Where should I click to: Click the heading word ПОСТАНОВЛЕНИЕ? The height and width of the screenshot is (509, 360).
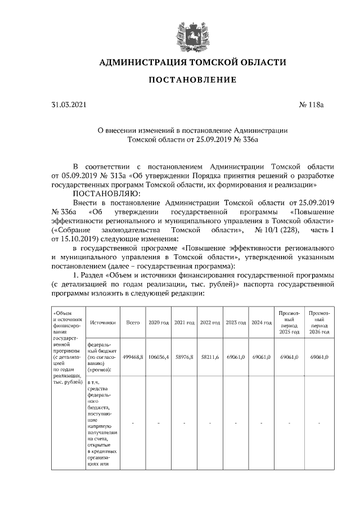[192, 80]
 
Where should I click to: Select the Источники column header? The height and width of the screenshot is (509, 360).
[102, 323]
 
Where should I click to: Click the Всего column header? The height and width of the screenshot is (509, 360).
[133, 323]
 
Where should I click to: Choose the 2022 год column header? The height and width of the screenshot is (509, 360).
[210, 323]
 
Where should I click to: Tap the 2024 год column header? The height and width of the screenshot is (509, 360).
[262, 323]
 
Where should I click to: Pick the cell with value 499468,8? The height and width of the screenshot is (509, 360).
[133, 357]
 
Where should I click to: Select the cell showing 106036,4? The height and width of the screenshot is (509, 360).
[159, 357]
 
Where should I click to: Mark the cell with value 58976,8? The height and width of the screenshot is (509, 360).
[184, 357]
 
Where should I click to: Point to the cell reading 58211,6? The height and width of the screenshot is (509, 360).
[210, 357]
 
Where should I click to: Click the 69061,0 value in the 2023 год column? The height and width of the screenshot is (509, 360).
[236, 357]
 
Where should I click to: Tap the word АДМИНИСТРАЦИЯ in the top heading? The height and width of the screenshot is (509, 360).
[142, 62]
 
